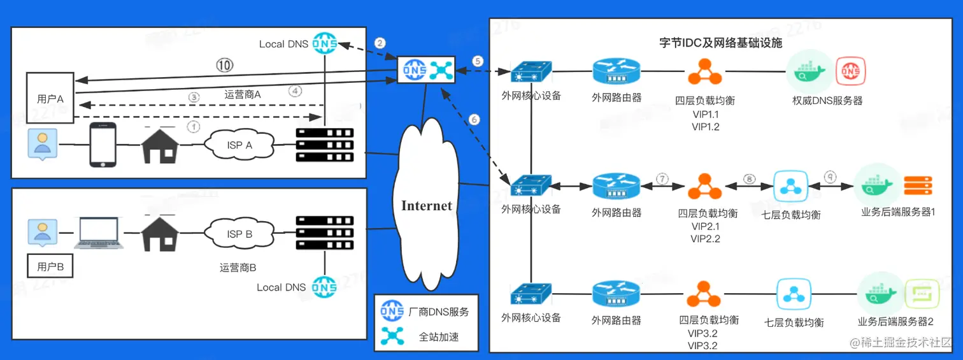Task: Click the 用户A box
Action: point(50,99)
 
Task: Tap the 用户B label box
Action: point(50,266)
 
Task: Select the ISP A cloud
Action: point(239,145)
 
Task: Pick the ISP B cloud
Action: point(239,234)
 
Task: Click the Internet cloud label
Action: point(426,206)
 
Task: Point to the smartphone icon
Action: point(102,145)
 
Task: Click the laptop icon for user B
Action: point(98,233)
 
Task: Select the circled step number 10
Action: point(224,65)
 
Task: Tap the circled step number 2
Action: point(380,43)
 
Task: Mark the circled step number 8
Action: point(749,179)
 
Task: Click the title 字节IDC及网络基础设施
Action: point(720,44)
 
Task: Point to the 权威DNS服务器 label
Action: point(827,101)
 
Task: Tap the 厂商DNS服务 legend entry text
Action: point(439,312)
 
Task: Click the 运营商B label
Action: point(238,268)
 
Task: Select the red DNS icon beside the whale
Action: point(850,72)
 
